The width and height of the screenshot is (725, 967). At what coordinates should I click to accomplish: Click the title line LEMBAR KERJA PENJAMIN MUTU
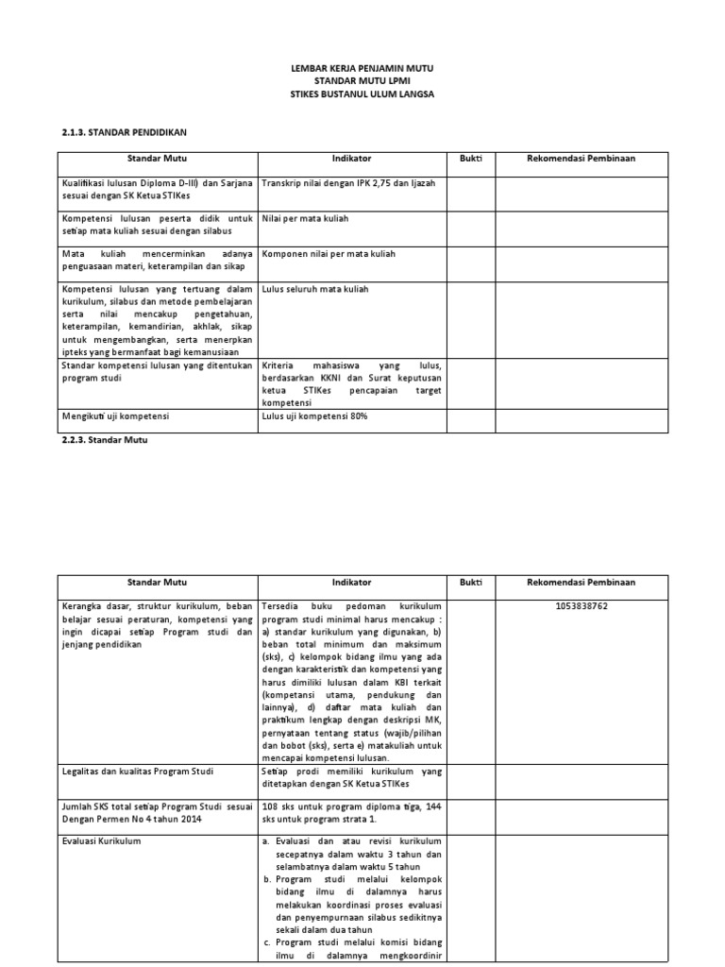click(362, 71)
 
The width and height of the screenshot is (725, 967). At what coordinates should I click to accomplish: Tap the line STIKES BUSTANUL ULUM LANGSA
click(362, 95)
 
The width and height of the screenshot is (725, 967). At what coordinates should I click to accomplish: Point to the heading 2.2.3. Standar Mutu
click(105, 440)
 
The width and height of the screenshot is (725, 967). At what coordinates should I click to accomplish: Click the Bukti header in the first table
click(470, 159)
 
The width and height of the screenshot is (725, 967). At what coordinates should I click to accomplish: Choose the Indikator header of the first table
click(351, 159)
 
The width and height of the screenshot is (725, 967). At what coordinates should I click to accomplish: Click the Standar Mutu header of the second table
click(157, 583)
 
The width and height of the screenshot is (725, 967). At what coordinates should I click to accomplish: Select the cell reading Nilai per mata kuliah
click(305, 218)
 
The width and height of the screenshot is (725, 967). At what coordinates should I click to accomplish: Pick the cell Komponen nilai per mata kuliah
click(328, 254)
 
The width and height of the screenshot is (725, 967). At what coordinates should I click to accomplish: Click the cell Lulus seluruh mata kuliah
click(314, 289)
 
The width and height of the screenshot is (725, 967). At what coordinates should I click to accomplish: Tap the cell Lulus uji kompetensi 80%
click(313, 416)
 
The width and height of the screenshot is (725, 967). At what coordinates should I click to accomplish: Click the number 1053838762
click(581, 605)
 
